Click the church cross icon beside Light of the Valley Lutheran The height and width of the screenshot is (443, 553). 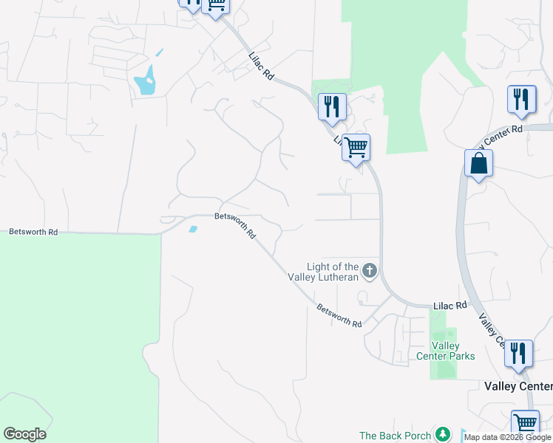pyautogui.click(x=370, y=271)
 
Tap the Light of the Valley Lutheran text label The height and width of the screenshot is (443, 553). pyautogui.click(x=333, y=272)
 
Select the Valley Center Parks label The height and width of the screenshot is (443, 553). pyautogui.click(x=453, y=351)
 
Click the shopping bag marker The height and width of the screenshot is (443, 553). pyautogui.click(x=478, y=163)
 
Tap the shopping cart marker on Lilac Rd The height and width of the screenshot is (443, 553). pyautogui.click(x=356, y=148)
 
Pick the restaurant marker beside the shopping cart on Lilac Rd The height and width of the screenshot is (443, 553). pyautogui.click(x=332, y=106)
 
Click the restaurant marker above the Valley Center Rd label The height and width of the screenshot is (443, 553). pyautogui.click(x=521, y=100)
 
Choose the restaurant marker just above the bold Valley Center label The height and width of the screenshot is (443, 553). pyautogui.click(x=518, y=354)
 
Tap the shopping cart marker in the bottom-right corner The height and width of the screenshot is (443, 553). pyautogui.click(x=525, y=424)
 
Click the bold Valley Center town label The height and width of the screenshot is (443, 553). pyautogui.click(x=518, y=386)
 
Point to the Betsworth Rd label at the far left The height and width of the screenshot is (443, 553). pyautogui.click(x=33, y=232)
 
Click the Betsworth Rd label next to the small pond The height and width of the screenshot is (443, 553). pyautogui.click(x=236, y=225)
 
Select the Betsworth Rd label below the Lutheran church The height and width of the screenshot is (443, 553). pyautogui.click(x=339, y=315)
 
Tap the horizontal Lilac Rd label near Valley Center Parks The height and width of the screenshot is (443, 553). pyautogui.click(x=450, y=305)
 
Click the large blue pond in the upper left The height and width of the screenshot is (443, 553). pyautogui.click(x=146, y=81)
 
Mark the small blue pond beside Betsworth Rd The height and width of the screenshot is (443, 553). pyautogui.click(x=194, y=229)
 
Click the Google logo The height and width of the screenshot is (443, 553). pyautogui.click(x=24, y=434)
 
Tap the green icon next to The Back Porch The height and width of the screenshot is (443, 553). pyautogui.click(x=442, y=435)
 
